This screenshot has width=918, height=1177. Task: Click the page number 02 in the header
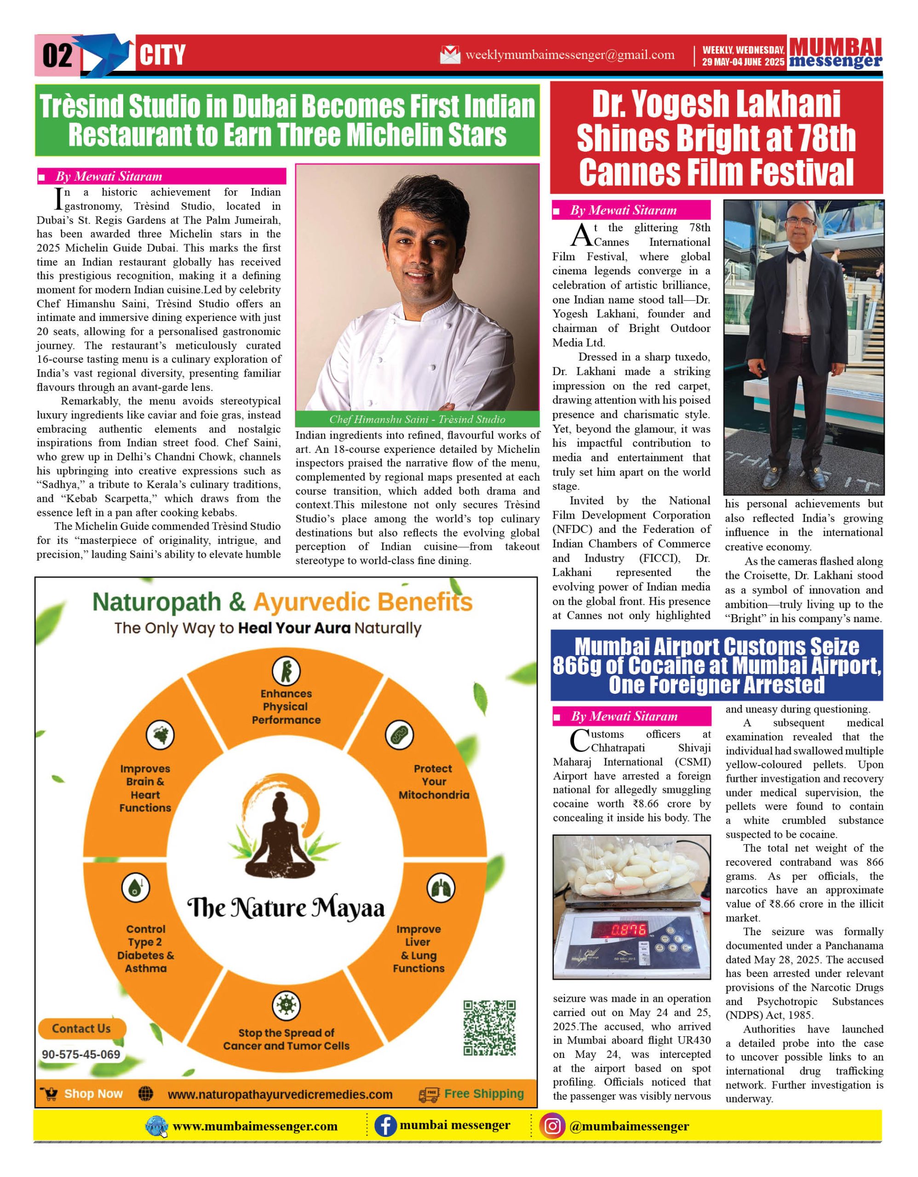pos(57,56)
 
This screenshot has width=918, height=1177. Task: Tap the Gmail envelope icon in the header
pos(450,55)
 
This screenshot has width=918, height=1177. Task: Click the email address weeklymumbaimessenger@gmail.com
pos(570,55)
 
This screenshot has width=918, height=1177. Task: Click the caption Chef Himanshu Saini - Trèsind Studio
pos(417,419)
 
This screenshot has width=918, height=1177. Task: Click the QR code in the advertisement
pos(489,1027)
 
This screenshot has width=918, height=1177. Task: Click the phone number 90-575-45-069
pos(81,1054)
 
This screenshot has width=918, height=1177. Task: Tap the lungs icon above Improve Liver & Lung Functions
pos(441,888)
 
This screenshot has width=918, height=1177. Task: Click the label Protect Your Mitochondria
pos(434,782)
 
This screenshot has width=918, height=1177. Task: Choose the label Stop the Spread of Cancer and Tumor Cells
pos(286,1039)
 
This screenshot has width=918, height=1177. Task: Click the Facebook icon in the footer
pos(385,1126)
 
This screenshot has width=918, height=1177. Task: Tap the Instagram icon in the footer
pos(552,1126)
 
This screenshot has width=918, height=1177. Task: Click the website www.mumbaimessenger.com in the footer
pos(255,1126)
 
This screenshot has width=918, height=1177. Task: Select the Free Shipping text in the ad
pos(483,1093)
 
